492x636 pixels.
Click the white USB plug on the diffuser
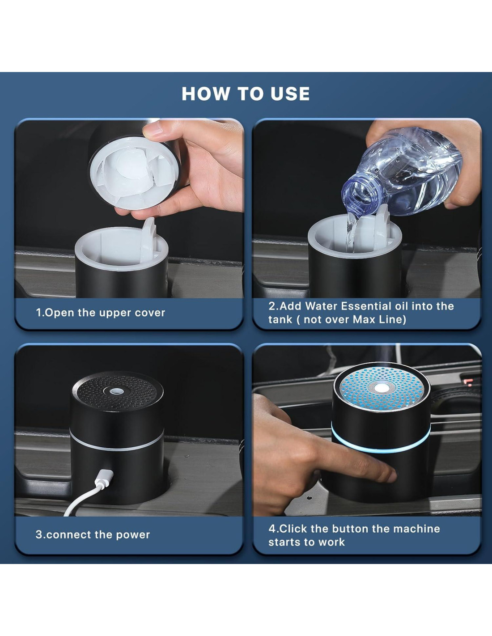(x=104, y=478)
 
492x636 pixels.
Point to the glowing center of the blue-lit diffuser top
(x=381, y=388)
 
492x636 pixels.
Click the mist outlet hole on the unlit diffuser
(x=117, y=390)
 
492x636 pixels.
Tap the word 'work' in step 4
(x=331, y=542)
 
